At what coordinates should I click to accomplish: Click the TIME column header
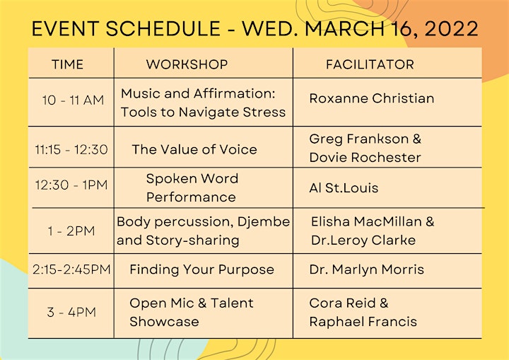(x=68, y=64)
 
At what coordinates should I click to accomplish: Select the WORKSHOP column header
(x=187, y=64)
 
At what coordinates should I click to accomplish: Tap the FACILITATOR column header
(x=370, y=64)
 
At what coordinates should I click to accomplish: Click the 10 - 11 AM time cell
(x=73, y=100)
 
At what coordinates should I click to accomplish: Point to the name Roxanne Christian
(x=372, y=98)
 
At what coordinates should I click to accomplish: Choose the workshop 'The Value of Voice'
(x=194, y=149)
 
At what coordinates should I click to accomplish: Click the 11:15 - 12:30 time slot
(x=71, y=149)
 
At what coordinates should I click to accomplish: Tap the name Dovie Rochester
(x=365, y=157)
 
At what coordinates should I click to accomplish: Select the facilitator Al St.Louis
(x=344, y=188)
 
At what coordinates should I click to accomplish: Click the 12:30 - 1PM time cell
(x=71, y=185)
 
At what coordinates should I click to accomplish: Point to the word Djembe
(x=264, y=222)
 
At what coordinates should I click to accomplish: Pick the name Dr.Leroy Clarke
(x=363, y=240)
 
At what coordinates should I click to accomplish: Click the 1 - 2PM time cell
(x=71, y=231)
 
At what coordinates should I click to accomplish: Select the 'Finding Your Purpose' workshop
(x=202, y=269)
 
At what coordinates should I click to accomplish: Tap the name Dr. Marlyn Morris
(x=367, y=269)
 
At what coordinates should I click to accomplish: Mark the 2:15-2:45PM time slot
(x=71, y=269)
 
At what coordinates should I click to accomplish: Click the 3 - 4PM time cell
(x=71, y=312)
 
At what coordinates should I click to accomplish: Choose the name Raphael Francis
(x=363, y=322)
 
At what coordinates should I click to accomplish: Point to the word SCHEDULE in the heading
(x=163, y=28)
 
